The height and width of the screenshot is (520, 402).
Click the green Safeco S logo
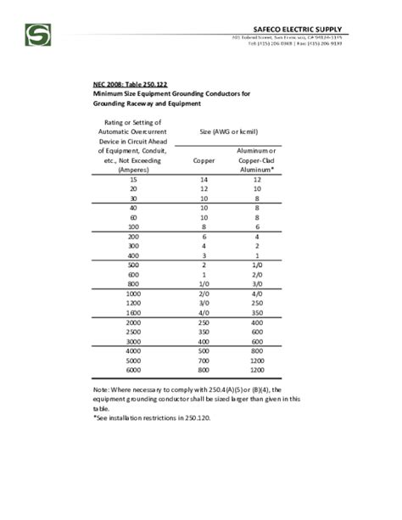[x=38, y=35]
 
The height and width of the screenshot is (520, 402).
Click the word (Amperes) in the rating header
[x=131, y=169]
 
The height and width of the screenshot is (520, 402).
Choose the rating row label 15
[x=131, y=181]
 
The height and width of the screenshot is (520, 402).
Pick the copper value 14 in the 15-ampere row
[x=204, y=181]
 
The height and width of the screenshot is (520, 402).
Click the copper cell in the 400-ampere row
[x=204, y=256]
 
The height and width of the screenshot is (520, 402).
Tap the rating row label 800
[x=131, y=285]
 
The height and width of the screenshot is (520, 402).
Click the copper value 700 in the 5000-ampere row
[x=204, y=361]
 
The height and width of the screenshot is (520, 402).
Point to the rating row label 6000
[x=131, y=371]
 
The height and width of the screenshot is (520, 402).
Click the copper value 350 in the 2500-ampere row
[x=204, y=333]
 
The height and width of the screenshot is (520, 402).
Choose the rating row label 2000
[x=131, y=323]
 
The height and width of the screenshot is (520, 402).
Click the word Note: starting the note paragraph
[x=103, y=389]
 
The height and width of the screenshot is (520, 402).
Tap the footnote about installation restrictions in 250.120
[x=162, y=418]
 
